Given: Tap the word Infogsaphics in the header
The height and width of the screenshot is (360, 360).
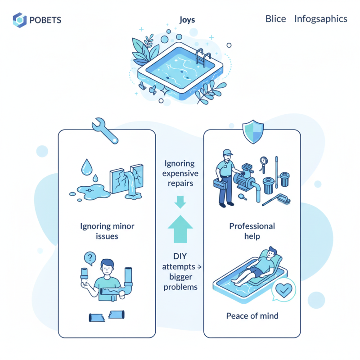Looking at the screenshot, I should point(320,19).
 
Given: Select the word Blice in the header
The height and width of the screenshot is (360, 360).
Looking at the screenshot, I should point(276,19).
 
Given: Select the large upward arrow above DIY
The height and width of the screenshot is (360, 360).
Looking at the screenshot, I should point(180,229).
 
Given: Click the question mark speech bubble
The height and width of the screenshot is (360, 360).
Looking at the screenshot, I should point(90,258).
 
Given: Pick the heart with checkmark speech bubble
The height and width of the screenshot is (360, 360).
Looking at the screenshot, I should point(283,289).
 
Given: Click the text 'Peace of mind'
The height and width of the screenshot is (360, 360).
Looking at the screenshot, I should point(252,316).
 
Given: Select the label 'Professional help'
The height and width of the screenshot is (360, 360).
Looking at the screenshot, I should point(252,231).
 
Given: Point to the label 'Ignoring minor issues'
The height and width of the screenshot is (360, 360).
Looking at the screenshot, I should point(107,231).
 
